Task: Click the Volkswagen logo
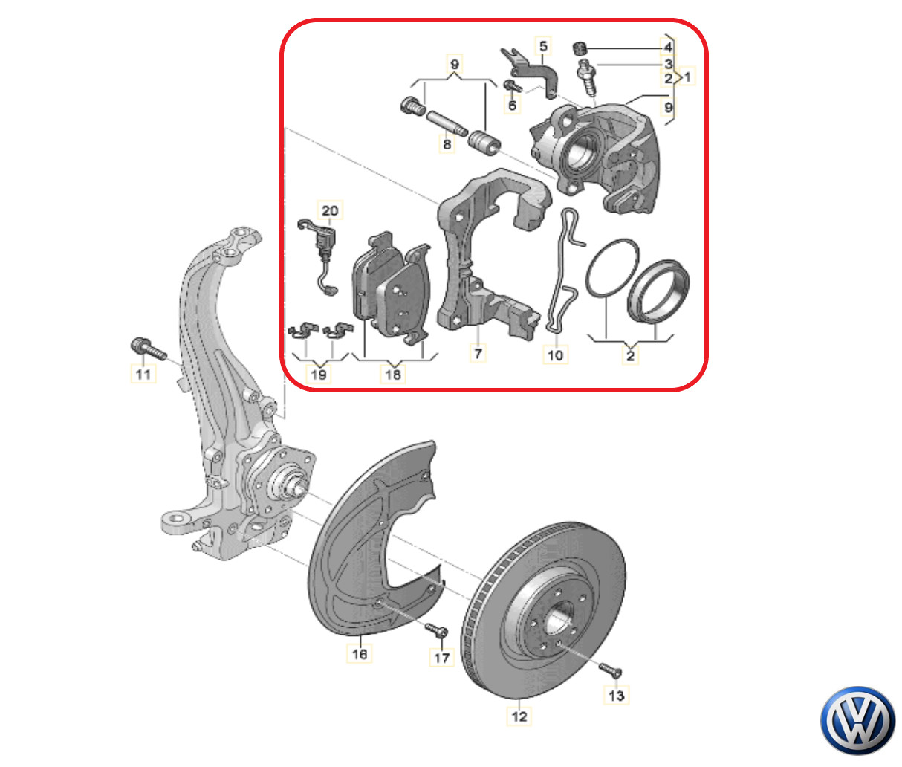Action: coord(858,720)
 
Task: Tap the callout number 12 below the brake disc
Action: coord(519,716)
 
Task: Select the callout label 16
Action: coord(360,653)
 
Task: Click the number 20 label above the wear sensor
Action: coord(330,210)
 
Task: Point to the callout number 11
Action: coord(143,373)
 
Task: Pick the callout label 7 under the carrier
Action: coord(478,353)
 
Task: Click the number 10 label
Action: coord(555,355)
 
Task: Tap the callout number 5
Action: coord(543,47)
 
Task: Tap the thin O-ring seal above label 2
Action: coord(611,268)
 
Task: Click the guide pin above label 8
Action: coord(447,120)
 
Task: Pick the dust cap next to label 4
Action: coord(581,49)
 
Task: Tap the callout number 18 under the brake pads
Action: coord(393,374)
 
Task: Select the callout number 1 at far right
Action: coord(687,77)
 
